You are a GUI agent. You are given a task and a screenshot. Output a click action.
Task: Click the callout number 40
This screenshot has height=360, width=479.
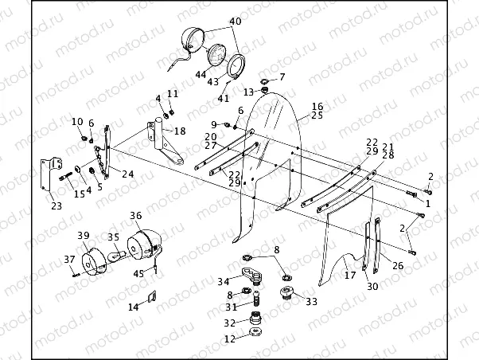(236, 21)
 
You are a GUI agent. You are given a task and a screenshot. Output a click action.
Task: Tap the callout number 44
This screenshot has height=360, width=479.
(201, 74)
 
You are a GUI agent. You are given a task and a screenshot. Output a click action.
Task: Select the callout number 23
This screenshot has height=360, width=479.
(56, 205)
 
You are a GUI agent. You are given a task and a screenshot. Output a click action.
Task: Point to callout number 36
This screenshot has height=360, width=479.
(136, 216)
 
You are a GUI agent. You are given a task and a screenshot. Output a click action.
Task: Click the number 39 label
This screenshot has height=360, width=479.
(83, 235)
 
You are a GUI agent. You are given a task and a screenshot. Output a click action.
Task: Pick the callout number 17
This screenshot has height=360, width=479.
(350, 276)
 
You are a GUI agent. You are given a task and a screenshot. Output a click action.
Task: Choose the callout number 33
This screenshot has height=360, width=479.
(312, 302)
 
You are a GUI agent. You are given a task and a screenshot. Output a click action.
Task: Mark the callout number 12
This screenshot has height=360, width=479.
(230, 339)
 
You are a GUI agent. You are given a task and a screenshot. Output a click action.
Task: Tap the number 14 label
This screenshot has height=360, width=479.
(133, 307)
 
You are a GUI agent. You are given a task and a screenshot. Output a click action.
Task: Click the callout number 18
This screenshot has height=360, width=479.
(180, 131)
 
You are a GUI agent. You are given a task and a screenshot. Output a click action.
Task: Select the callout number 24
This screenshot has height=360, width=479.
(128, 174)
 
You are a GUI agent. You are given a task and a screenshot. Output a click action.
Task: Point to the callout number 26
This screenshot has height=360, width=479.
(398, 265)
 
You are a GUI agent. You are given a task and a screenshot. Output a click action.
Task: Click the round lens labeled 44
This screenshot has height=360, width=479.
(217, 55)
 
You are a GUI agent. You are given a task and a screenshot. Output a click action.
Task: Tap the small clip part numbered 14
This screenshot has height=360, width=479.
(153, 296)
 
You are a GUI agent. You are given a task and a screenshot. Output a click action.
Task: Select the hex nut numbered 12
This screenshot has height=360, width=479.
(255, 332)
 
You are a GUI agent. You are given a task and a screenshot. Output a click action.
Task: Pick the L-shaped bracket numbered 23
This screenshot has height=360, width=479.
(50, 174)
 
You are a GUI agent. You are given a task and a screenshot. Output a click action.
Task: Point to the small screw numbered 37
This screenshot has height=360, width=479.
(76, 275)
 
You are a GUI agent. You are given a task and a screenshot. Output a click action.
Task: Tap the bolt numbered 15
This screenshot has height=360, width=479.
(65, 177)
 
